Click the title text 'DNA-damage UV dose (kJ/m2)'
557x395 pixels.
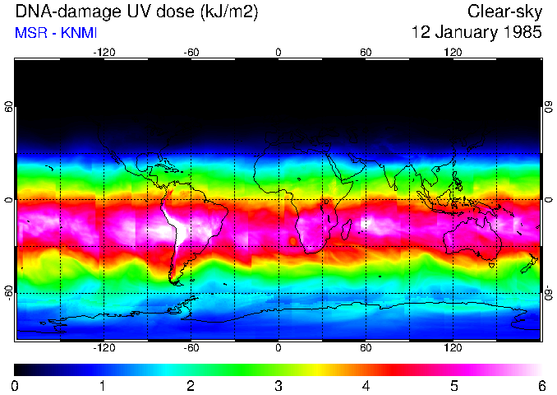(122, 12)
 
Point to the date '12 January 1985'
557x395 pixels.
(476, 34)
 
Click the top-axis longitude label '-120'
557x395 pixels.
(104, 52)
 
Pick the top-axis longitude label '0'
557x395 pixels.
(278, 52)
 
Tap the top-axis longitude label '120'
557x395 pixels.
(453, 52)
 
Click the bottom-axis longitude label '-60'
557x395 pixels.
(191, 347)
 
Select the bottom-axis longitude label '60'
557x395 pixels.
(366, 347)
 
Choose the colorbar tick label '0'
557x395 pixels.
(16, 385)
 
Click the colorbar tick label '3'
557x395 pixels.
(278, 385)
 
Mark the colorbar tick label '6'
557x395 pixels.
(541, 385)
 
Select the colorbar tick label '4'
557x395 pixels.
(366, 385)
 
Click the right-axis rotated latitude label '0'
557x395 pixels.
(548, 200)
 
